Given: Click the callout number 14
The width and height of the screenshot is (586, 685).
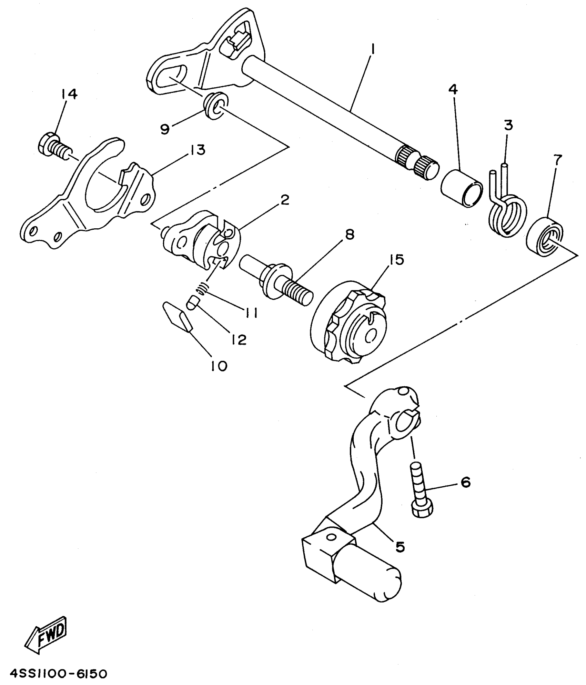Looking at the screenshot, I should (x=70, y=94).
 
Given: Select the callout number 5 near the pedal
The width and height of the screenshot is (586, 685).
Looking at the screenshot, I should (x=400, y=547).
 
